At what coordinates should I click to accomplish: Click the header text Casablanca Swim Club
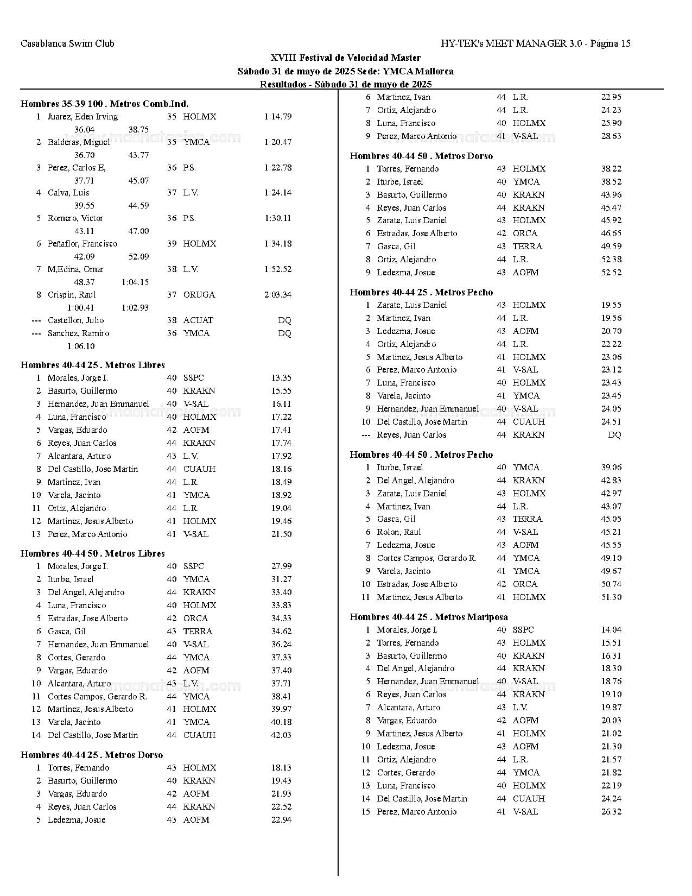(67, 43)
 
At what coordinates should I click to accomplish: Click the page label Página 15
(610, 43)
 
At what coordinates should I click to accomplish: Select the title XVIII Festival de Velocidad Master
(346, 58)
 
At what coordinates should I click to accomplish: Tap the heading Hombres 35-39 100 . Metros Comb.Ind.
(104, 104)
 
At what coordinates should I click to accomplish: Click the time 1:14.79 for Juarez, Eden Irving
(278, 117)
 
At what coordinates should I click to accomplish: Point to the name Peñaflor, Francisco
(82, 244)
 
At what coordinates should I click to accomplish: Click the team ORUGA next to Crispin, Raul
(199, 295)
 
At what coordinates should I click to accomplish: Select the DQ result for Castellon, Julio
(284, 320)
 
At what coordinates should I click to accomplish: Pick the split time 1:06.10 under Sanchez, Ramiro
(81, 346)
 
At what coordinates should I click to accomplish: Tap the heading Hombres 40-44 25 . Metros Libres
(92, 365)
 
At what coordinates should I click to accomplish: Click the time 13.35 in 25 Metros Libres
(281, 378)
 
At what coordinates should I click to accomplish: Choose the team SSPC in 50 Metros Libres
(194, 566)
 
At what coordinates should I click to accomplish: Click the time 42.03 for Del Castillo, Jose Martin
(281, 735)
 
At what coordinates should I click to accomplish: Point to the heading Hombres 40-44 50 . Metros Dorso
(421, 156)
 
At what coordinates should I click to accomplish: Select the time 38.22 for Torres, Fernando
(611, 169)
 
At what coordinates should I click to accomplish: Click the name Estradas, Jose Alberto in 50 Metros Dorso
(417, 234)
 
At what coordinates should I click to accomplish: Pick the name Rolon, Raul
(399, 532)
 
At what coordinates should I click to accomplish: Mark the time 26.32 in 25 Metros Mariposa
(611, 812)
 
